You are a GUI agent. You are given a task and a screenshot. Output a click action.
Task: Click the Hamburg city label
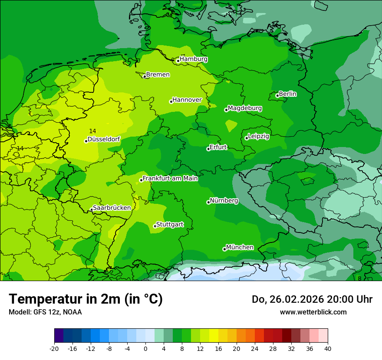(193, 59)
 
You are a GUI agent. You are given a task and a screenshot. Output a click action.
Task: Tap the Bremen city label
(158, 75)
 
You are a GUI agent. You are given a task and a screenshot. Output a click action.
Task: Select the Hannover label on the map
(187, 100)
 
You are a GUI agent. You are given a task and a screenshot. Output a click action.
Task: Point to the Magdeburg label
(244, 108)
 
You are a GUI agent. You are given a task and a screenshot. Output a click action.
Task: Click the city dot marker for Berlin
(277, 95)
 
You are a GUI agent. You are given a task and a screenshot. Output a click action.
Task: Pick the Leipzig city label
(258, 136)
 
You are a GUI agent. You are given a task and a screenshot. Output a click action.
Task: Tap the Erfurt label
(218, 147)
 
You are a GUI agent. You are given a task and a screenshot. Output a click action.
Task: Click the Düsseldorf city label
(104, 139)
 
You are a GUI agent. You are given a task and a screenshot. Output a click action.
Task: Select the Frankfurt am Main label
(170, 178)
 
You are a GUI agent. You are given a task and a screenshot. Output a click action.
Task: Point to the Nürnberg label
(224, 201)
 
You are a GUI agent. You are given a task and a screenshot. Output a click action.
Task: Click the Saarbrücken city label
(112, 208)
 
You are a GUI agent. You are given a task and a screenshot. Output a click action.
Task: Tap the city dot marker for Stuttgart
(155, 226)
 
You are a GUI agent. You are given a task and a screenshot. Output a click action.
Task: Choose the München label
(240, 247)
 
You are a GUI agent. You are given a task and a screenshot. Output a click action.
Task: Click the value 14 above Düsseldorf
(92, 131)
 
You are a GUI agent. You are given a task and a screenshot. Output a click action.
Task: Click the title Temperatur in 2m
(86, 299)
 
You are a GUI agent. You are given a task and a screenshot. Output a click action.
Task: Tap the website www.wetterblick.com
(313, 312)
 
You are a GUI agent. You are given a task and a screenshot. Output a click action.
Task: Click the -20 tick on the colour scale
(54, 348)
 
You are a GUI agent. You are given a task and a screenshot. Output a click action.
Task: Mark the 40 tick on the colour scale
(327, 348)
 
